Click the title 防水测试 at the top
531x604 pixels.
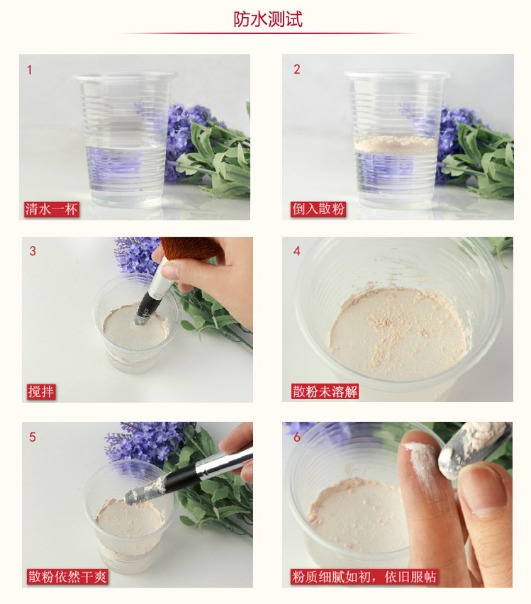point(268,19)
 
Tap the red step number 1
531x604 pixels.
point(29,70)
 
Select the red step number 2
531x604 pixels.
point(297,69)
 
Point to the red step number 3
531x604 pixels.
point(33,251)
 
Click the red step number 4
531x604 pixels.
point(297,251)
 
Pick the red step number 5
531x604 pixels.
point(33,437)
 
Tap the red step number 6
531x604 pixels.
point(297,437)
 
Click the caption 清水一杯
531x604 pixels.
point(52,209)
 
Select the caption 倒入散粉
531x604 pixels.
point(318,209)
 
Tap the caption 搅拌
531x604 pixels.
point(41,391)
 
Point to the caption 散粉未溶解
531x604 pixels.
point(325,391)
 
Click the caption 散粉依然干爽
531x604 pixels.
point(67,576)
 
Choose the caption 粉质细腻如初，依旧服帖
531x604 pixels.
point(364,576)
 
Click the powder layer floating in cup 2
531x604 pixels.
point(396,144)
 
